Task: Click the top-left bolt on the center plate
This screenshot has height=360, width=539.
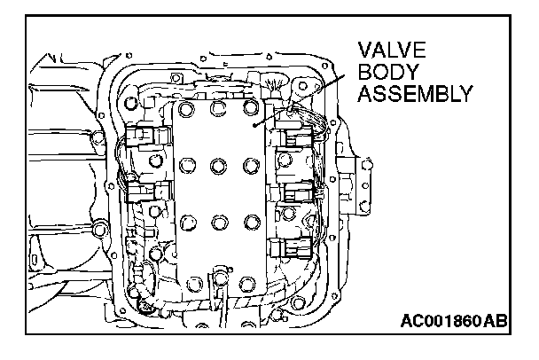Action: (x=185, y=109)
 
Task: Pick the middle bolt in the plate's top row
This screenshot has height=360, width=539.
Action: (x=217, y=107)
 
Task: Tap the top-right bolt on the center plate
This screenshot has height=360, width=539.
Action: (x=249, y=108)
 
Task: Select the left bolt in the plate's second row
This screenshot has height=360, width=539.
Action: (x=186, y=165)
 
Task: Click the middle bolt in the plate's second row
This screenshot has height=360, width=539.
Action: (x=217, y=165)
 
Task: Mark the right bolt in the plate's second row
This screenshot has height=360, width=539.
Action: (x=249, y=165)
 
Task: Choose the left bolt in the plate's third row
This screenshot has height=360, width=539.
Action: (x=186, y=221)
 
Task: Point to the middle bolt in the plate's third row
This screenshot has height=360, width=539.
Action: (x=217, y=221)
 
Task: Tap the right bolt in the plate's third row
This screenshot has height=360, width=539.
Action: (x=249, y=221)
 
